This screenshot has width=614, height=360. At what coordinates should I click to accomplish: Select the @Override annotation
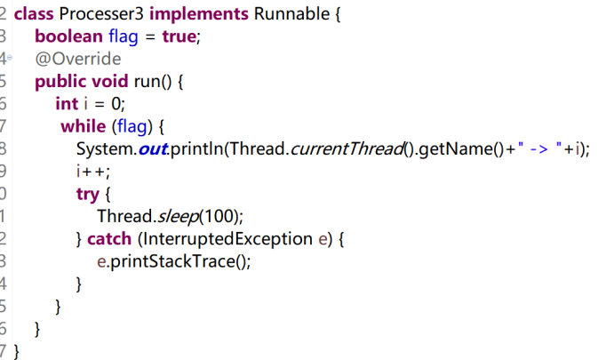(77, 59)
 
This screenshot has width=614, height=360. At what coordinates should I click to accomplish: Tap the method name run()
(157, 82)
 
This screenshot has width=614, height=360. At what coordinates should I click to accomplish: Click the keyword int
(67, 104)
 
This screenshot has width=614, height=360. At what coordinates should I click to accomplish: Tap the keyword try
(87, 194)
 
